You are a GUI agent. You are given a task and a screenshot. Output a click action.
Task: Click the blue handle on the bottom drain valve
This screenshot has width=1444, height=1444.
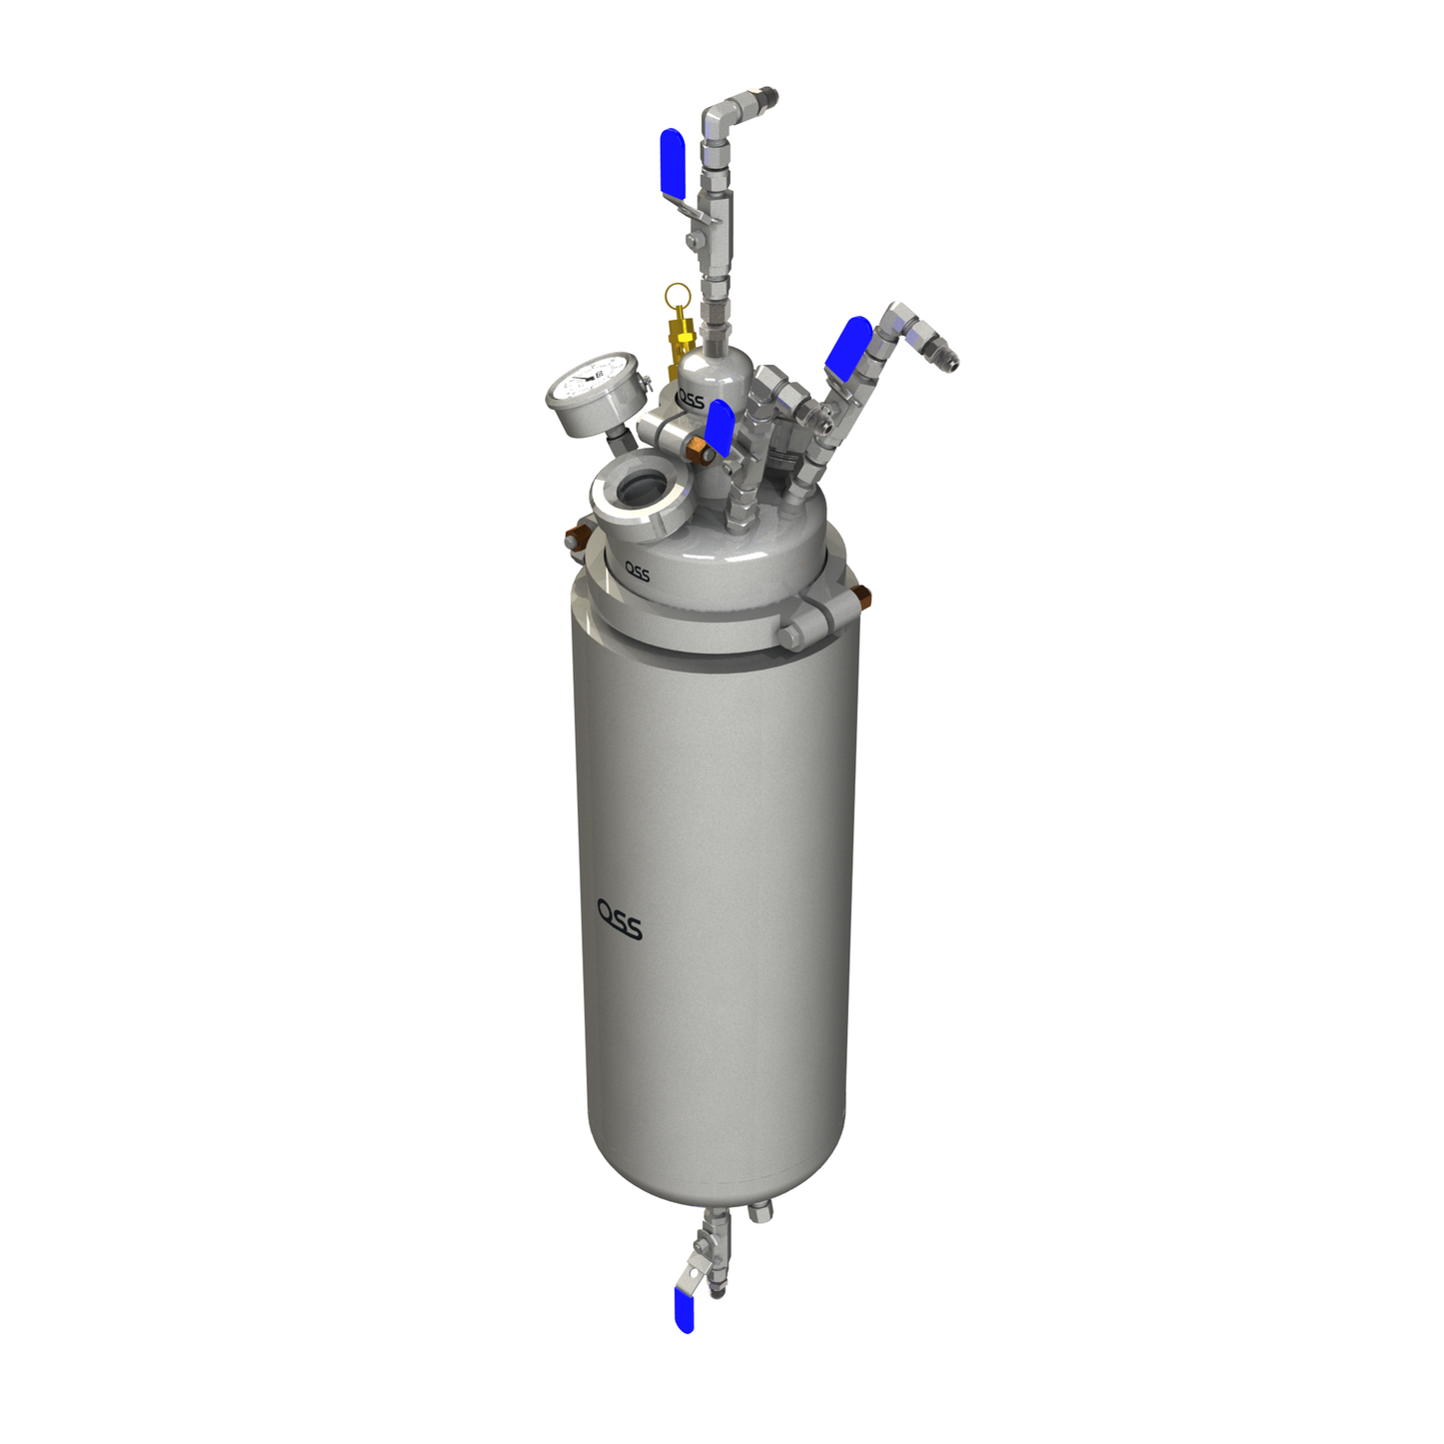685,1310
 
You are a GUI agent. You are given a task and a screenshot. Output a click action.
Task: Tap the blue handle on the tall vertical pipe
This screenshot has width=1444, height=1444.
673,161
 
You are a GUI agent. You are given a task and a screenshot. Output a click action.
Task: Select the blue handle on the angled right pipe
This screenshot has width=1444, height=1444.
847,347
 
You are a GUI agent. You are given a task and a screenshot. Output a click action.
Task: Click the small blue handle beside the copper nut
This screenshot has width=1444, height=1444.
719,428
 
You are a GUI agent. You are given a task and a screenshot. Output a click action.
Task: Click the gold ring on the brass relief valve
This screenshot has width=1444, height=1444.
678,296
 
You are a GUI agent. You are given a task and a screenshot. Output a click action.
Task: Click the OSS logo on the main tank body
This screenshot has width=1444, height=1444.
620,919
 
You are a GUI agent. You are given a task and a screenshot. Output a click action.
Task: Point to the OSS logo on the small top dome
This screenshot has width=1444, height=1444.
691,400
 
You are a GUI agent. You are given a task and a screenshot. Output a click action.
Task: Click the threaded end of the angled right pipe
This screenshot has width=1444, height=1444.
944,355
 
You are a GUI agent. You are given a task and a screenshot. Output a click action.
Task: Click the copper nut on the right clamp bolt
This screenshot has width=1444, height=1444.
862,599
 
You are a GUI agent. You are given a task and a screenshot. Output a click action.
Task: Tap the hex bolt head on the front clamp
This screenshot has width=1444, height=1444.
789,638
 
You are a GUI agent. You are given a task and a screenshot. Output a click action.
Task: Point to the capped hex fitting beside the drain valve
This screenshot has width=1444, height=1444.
760,1212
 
